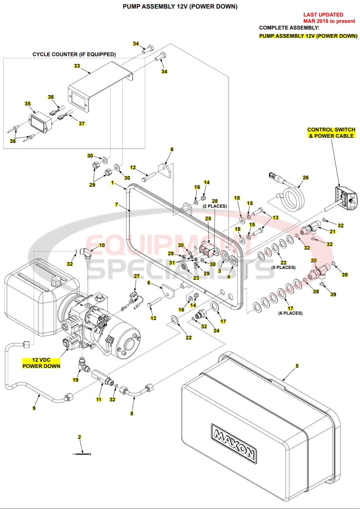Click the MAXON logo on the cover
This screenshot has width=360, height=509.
click(x=234, y=444)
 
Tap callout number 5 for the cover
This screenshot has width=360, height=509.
click(x=297, y=366)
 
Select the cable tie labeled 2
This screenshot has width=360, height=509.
click(x=82, y=454)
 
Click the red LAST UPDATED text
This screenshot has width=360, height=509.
click(x=323, y=15)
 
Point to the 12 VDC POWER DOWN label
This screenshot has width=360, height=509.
click(x=41, y=363)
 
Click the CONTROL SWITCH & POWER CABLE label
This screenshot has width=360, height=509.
click(x=331, y=133)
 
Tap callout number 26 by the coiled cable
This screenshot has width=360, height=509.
click(x=306, y=177)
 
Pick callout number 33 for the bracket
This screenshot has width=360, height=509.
click(x=77, y=66)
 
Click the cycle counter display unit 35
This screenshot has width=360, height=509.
click(x=40, y=122)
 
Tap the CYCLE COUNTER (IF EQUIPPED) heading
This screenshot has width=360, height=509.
click(x=74, y=54)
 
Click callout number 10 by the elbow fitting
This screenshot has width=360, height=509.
click(x=102, y=245)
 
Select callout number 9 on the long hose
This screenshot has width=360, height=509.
click(x=34, y=408)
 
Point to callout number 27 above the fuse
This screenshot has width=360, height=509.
click(x=137, y=276)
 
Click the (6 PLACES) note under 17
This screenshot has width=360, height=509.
click(x=290, y=313)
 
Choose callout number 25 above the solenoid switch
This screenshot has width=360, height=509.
click(x=208, y=218)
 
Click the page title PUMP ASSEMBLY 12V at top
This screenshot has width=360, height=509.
click(x=180, y=6)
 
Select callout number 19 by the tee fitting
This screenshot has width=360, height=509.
click(x=75, y=380)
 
